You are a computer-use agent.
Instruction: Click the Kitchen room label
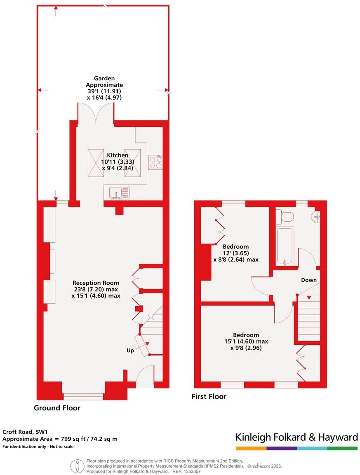point(118,155)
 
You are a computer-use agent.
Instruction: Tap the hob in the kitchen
point(155,162)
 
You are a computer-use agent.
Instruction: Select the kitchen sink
point(119,192)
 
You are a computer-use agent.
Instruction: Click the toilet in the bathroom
point(285,216)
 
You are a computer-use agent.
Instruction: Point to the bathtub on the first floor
point(285,246)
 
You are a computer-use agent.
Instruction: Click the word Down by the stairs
point(308,280)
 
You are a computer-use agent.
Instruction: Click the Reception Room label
point(96,283)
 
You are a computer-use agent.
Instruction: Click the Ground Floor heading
point(57,408)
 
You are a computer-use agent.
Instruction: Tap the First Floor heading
point(209,396)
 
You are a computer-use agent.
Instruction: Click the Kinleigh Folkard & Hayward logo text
point(296,437)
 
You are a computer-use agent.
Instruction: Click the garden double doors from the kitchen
point(96,113)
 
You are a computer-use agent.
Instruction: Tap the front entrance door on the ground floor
point(145,377)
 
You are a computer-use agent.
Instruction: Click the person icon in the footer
point(77,466)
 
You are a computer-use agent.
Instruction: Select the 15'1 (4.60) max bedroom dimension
point(245,342)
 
